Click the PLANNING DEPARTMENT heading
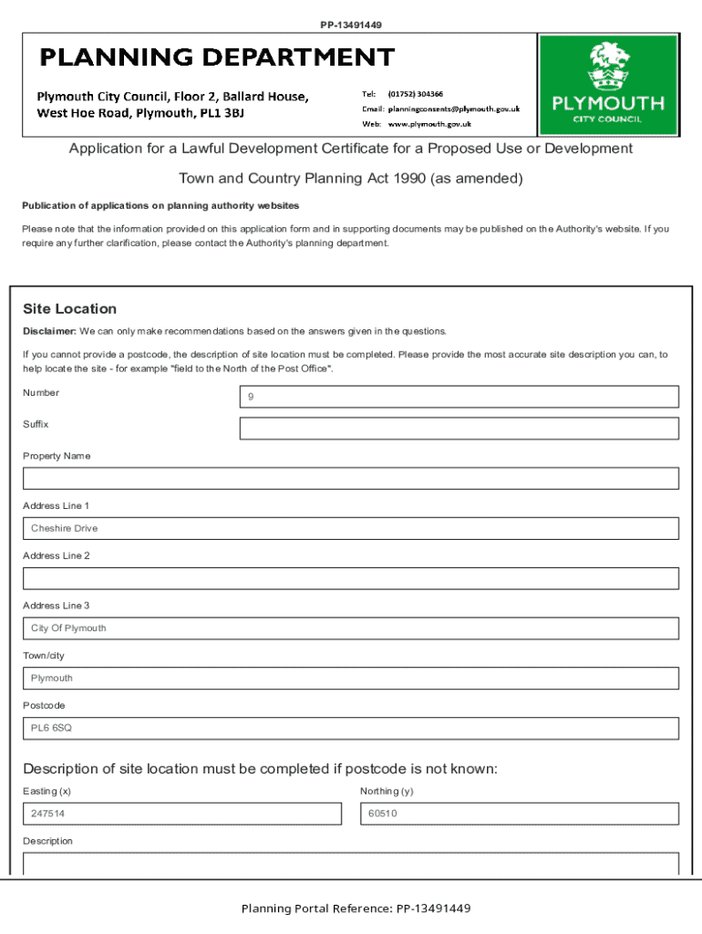(x=216, y=58)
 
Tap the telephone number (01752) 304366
(x=415, y=94)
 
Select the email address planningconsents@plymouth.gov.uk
(x=453, y=109)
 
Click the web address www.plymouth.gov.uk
(x=428, y=123)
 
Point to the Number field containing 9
(x=459, y=397)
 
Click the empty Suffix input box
(x=459, y=429)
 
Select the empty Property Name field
(x=351, y=479)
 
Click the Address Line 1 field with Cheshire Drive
(x=351, y=529)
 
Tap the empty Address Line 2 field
(x=351, y=578)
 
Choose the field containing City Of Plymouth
(x=351, y=628)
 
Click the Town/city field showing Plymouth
(x=351, y=679)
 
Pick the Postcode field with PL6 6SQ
(x=351, y=728)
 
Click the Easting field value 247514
(x=182, y=814)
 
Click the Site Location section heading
(x=69, y=309)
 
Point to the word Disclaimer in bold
(x=49, y=331)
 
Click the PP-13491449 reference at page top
(x=351, y=25)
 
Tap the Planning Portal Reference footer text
(x=356, y=908)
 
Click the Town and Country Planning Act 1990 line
(x=351, y=179)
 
